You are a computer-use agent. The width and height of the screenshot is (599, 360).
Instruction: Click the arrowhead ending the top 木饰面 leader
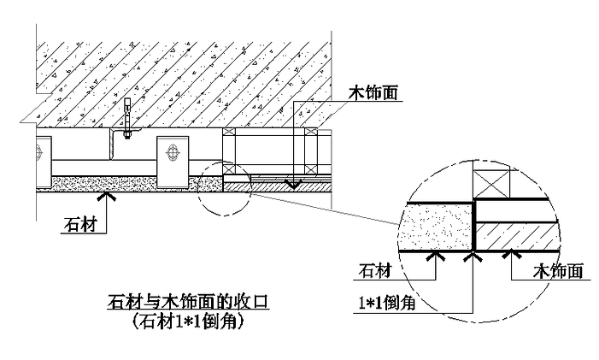[293, 183]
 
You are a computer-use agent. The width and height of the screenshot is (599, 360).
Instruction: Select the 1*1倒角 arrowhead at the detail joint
[473, 254]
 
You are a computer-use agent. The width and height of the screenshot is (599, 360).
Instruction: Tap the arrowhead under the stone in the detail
[436, 254]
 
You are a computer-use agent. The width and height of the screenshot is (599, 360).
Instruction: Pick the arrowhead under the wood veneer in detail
[510, 254]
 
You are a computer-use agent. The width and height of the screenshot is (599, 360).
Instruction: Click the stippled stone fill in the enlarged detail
[436, 227]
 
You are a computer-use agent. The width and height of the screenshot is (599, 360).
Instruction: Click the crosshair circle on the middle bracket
[172, 156]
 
